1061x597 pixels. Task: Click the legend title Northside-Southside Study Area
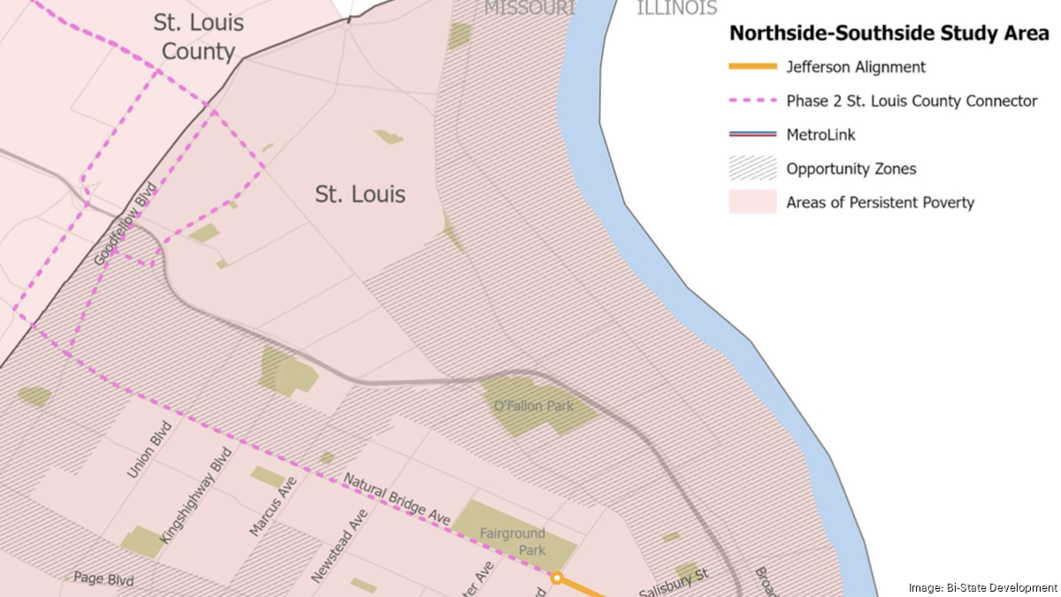coord(888,34)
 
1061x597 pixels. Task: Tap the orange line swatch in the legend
coord(752,67)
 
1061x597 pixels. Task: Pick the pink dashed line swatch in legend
coord(752,101)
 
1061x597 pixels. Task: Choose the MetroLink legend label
coord(821,134)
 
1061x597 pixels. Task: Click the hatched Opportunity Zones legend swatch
coord(752,168)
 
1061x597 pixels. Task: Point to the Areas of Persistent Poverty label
coord(880,203)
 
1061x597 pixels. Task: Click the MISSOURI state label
coord(529,9)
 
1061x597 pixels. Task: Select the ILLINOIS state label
coord(676,9)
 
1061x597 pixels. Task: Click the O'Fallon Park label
coord(533,406)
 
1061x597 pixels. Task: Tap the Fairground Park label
coord(513,541)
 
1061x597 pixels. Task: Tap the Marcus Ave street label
coord(271,509)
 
